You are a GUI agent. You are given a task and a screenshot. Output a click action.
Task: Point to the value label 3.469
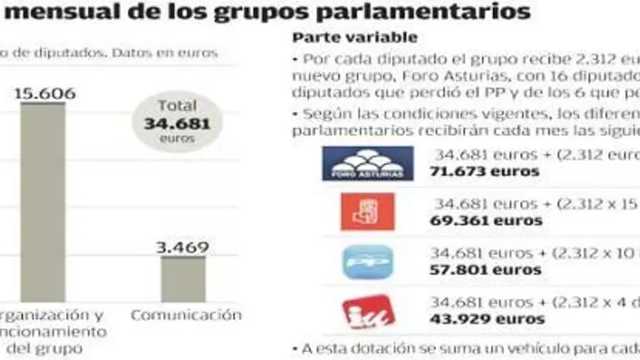183,247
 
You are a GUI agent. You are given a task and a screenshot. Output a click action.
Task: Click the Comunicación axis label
185,315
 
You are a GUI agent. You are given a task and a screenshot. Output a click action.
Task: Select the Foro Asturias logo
367,163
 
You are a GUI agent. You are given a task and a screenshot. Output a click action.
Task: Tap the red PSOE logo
367,212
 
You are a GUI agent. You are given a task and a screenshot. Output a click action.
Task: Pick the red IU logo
367,311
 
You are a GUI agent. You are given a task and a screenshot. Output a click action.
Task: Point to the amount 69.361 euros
486,220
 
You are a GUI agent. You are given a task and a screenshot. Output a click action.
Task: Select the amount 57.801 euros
485,270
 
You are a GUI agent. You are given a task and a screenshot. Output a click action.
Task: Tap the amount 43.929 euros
487,319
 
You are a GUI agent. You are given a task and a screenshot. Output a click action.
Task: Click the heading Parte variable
355,37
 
